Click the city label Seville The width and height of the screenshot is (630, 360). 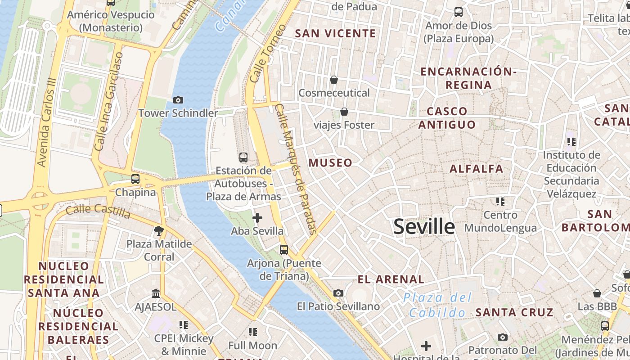pyautogui.click(x=424, y=226)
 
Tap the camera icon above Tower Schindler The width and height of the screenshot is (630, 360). pyautogui.click(x=178, y=100)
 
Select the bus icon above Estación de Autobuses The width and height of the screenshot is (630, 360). pyautogui.click(x=243, y=157)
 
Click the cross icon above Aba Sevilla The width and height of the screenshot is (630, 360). pyautogui.click(x=257, y=218)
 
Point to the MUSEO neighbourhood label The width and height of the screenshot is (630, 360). pyautogui.click(x=330, y=163)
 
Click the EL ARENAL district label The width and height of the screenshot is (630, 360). pyautogui.click(x=391, y=279)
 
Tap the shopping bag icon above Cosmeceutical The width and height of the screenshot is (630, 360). pyautogui.click(x=334, y=80)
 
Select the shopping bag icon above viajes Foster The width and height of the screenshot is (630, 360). pyautogui.click(x=344, y=111)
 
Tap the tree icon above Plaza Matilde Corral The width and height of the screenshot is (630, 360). pyautogui.click(x=158, y=231)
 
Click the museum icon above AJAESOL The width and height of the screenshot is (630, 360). pyautogui.click(x=156, y=293)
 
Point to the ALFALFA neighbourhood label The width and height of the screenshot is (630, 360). pyautogui.click(x=477, y=169)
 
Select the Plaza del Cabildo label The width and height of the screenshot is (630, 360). pyautogui.click(x=437, y=305)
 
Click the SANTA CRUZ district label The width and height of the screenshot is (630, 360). pyautogui.click(x=514, y=312)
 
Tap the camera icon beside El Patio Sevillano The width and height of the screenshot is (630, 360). pyautogui.click(x=338, y=293)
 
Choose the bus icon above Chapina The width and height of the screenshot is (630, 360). pyautogui.click(x=135, y=179)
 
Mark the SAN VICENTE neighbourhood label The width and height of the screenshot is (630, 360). pyautogui.click(x=335, y=33)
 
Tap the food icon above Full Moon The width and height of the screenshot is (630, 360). pyautogui.click(x=253, y=332)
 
